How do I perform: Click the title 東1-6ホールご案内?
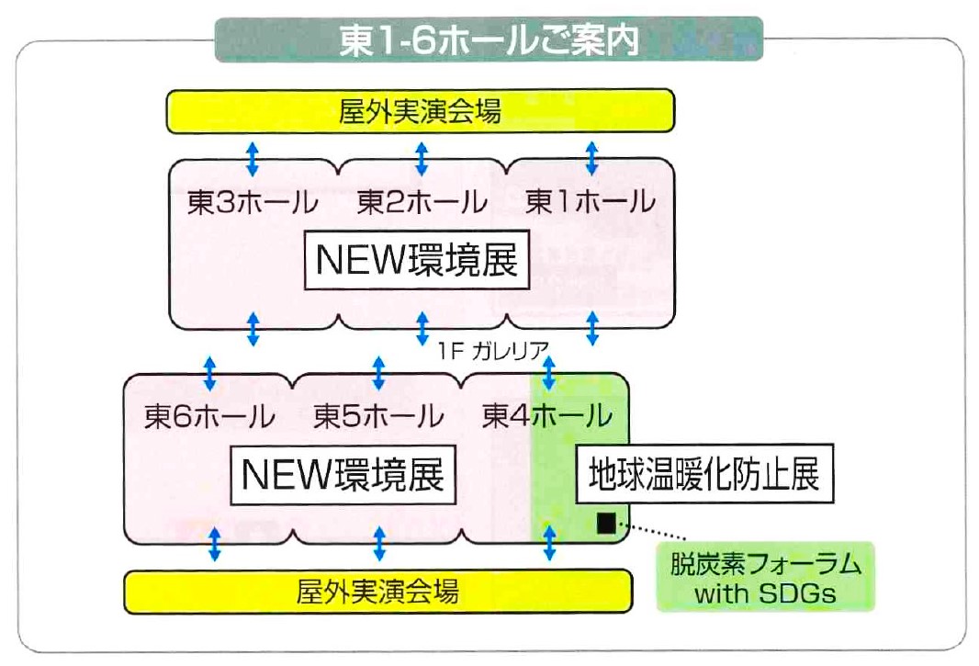tap(489, 40)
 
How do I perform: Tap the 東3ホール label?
tap(253, 202)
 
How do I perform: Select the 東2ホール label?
tap(422, 202)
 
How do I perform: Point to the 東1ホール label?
tap(590, 202)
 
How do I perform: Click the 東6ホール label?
tap(209, 416)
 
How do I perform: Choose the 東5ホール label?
tap(378, 416)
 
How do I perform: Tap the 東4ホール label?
tap(547, 416)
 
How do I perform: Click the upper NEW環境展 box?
tap(417, 260)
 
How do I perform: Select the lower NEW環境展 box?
tap(343, 475)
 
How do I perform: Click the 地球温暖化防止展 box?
tap(704, 474)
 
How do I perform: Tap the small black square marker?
tap(605, 523)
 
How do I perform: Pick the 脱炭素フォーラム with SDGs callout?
tap(765, 577)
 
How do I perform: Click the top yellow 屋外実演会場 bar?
tap(421, 111)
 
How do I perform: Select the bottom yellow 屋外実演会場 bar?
tap(377, 591)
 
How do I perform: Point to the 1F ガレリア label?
tap(493, 351)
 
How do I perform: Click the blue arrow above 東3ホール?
tap(252, 159)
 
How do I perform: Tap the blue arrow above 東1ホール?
tap(591, 159)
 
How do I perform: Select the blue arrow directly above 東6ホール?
tap(209, 374)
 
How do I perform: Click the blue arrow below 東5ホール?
tap(379, 544)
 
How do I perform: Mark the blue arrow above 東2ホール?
tap(422, 159)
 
